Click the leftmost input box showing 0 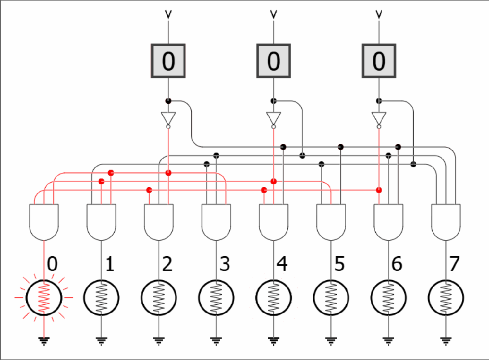[x=168, y=61]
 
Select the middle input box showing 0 [x=273, y=61]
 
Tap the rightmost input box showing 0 [x=378, y=61]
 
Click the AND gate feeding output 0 [x=44, y=222]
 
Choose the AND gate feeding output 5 [x=331, y=222]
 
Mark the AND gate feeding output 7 [x=446, y=222]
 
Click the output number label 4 [x=282, y=264]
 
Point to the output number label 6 [x=397, y=264]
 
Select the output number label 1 [x=110, y=264]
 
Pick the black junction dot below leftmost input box [x=168, y=101]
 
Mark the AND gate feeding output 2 [x=159, y=222]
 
